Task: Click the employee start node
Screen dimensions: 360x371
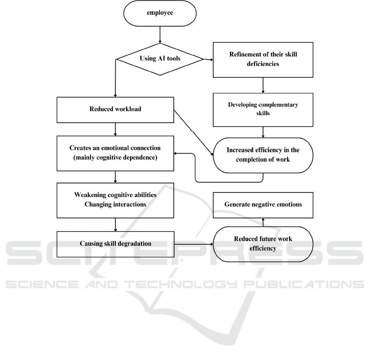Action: pos(159,13)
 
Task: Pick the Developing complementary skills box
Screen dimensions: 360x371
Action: pos(263,109)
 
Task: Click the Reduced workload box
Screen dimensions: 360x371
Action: pos(115,109)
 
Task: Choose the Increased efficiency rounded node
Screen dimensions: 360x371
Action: pos(263,155)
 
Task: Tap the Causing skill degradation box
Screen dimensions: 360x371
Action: pos(115,244)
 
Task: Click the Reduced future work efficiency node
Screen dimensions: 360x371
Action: pos(263,244)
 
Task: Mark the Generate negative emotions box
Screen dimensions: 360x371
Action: pos(263,204)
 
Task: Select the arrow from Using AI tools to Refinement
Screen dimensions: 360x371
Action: pos(208,60)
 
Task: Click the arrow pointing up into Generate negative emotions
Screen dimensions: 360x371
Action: pos(263,222)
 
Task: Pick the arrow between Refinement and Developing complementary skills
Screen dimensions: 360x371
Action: pos(263,85)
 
